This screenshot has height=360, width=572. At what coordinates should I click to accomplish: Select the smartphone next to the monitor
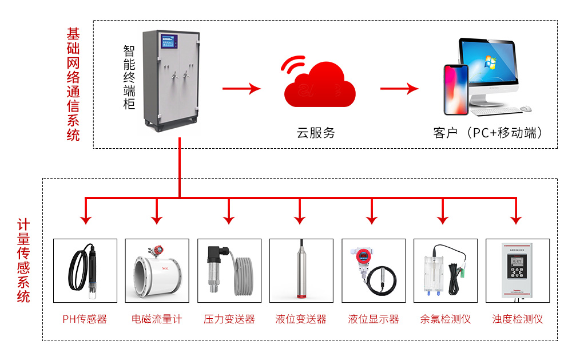pos(456,90)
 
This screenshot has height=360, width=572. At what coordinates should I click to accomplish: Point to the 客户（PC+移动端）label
pos(488,133)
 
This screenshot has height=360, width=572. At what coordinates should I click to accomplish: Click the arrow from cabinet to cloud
pos(241,89)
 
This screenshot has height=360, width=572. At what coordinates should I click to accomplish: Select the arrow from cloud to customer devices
pos(399,89)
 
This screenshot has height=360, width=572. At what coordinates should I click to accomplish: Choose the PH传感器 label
pos(85,319)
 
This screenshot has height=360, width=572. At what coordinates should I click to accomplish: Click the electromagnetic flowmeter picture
pos(157,271)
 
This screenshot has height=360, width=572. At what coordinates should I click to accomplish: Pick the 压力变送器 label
pos(229,319)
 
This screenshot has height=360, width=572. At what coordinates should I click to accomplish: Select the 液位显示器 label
pos(373,319)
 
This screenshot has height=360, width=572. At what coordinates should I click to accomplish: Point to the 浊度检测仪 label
pos(517,319)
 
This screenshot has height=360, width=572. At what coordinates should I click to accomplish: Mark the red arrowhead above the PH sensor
pos(85,219)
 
